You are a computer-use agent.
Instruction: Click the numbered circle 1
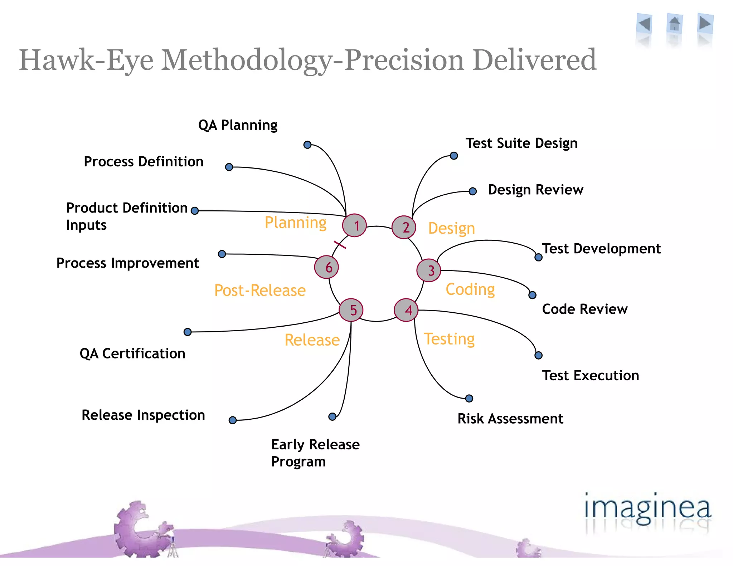coord(354,225)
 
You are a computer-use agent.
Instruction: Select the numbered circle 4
coord(406,310)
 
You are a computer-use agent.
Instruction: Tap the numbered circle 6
coord(326,267)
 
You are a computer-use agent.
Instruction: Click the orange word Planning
coord(295,223)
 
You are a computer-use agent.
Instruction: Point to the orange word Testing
coord(449,339)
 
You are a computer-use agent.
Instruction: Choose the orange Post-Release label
coord(260,290)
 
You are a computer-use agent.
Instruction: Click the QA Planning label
coord(238,125)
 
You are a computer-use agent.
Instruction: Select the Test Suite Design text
coord(521,143)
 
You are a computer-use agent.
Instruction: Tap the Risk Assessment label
coord(510,419)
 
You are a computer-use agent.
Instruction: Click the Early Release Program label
coord(315,453)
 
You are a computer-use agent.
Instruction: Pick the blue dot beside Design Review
coord(472,191)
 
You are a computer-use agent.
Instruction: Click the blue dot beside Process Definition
coord(229,167)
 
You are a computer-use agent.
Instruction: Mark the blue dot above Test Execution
coord(538,355)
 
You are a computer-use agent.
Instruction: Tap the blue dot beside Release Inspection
coord(233,420)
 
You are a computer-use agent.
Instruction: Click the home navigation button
coord(674,24)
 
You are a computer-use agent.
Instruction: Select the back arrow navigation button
coord(645,24)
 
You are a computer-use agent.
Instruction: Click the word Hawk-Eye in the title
coord(86,60)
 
